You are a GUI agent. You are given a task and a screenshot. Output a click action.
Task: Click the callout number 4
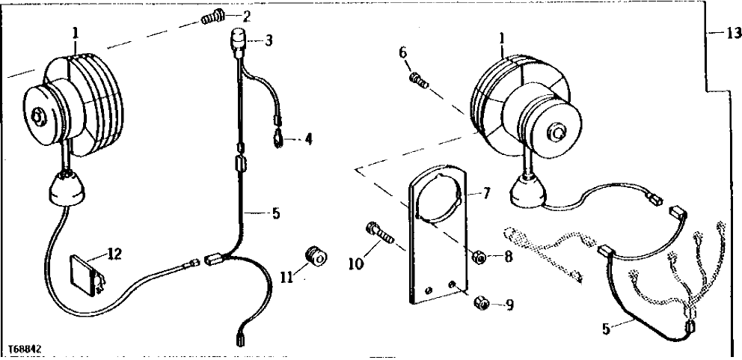[x=307, y=140]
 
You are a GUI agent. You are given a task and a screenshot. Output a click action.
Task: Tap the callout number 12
[x=114, y=254]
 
